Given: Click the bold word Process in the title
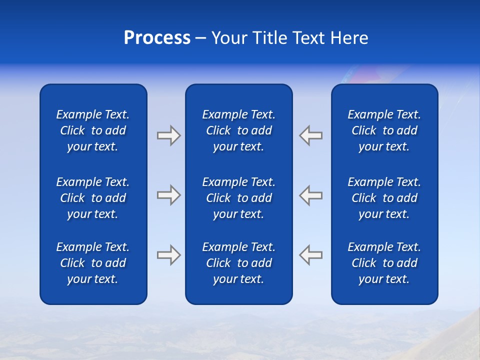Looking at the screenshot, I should (157, 38).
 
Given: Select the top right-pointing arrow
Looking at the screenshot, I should (168, 135).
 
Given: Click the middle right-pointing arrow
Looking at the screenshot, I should (168, 195).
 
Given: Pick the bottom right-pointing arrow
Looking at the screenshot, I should (168, 255).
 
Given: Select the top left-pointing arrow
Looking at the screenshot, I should (311, 135).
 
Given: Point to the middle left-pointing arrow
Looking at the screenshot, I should (311, 195).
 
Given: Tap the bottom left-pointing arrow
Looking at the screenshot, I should (311, 255).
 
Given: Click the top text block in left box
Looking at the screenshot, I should (93, 130).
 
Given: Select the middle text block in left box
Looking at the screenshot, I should (93, 198).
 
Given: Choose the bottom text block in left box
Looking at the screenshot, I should (93, 263).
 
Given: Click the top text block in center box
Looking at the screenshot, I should (238, 130).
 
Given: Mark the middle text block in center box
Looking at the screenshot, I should (238, 198).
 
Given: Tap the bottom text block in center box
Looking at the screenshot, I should (238, 263).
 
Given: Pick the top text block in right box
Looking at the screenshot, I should (384, 130).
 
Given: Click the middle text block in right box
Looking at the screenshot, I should (384, 198).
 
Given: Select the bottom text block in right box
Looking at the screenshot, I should (384, 263).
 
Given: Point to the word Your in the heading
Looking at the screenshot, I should (229, 38).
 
